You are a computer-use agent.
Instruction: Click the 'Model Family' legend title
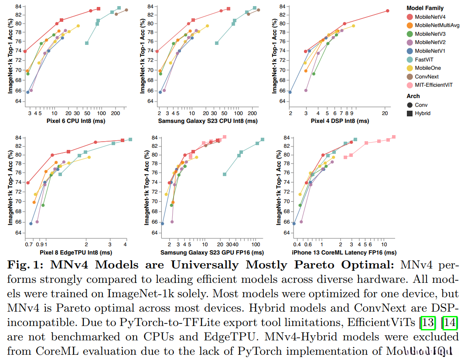pos(425,8)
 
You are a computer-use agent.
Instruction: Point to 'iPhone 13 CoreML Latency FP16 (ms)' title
pos(344,253)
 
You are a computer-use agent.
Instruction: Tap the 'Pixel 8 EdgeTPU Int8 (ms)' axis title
pos(75,253)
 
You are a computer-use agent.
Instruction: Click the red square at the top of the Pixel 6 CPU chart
pos(99,9)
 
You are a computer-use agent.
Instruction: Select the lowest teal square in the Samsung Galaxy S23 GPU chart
pos(225,174)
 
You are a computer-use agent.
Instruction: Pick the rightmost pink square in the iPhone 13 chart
pos(394,137)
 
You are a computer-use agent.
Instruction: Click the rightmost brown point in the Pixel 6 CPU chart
pos(126,10)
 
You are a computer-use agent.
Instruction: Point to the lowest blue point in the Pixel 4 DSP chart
pos(290,92)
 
